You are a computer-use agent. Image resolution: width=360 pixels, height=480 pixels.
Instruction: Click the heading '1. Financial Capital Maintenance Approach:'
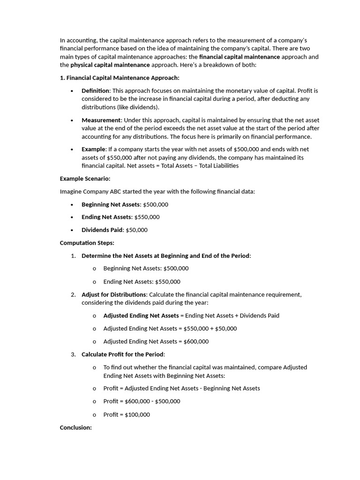tap(120, 78)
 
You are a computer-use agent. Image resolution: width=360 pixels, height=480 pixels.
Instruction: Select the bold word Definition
tap(96, 90)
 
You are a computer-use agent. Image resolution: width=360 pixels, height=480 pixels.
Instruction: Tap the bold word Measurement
tap(101, 120)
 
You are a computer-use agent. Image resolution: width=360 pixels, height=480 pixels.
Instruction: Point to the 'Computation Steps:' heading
tap(87, 243)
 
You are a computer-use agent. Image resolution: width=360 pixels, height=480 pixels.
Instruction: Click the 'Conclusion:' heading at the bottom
tap(75, 427)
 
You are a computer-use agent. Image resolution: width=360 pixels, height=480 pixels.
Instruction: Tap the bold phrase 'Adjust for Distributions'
tap(113, 294)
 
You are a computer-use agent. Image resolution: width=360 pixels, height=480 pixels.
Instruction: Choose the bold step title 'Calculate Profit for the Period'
tap(123, 354)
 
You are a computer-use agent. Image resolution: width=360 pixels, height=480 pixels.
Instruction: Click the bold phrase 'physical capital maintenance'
tap(110, 65)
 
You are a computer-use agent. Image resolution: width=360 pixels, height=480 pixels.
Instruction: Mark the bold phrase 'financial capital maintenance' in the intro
tap(240, 57)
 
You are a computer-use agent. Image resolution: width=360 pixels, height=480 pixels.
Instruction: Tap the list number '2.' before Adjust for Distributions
tap(74, 294)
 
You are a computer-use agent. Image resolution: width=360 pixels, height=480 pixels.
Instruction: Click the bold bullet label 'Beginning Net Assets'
tap(111, 204)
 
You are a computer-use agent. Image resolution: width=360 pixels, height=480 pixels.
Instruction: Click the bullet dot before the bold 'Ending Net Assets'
tap(72, 217)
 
